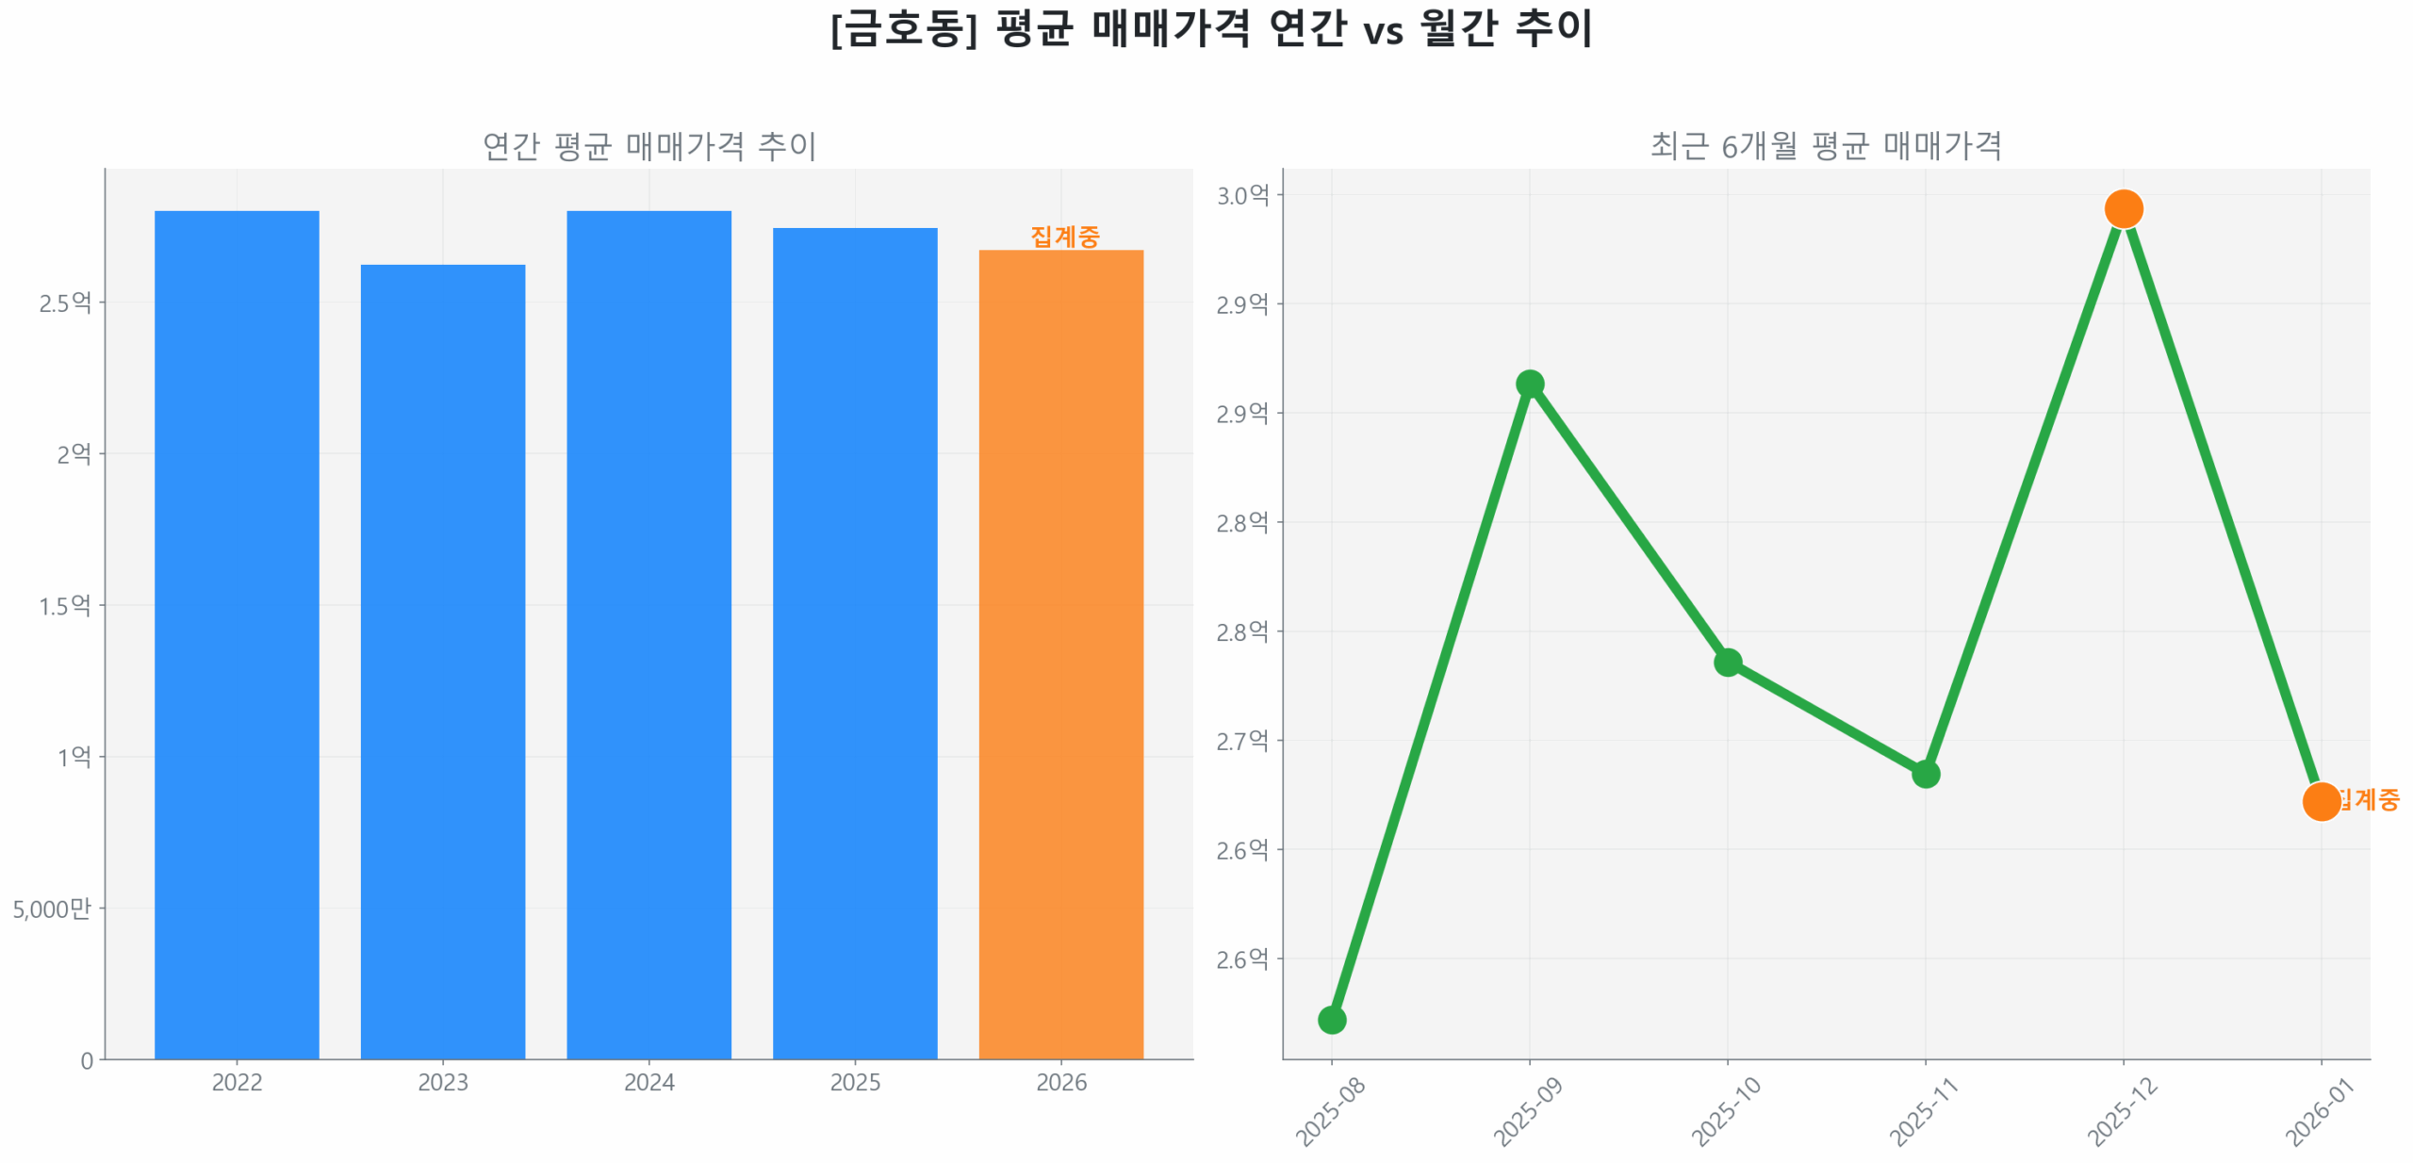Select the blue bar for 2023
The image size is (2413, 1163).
[x=442, y=660]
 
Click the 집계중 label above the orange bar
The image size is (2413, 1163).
[x=1064, y=236]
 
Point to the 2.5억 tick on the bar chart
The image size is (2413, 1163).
[x=65, y=303]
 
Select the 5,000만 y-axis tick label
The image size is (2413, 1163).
[x=52, y=909]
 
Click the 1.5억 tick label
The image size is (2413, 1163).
[x=65, y=605]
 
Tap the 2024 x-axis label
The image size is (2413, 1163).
[x=648, y=1082]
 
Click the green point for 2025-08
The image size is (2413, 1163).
[x=1331, y=1019]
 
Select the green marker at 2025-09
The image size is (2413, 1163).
[x=1529, y=384]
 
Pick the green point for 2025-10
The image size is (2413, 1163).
[x=1727, y=662]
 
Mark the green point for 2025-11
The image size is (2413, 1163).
[x=1925, y=774]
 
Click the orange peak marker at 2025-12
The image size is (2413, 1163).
[x=2123, y=208]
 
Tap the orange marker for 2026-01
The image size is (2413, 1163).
[x=2321, y=801]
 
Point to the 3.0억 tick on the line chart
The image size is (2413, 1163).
[x=1242, y=195]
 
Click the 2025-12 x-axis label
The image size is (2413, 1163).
[x=2122, y=1112]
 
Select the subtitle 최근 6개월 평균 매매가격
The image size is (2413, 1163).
[x=1825, y=145]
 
